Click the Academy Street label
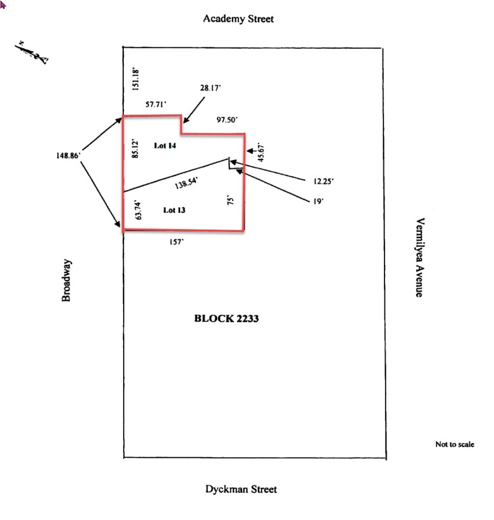tap(238, 19)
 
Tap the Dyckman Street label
tap(241, 490)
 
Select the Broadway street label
tap(66, 280)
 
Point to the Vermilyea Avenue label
tap(419, 257)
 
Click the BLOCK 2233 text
tap(227, 319)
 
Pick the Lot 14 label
tap(165, 146)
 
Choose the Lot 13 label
tap(174, 210)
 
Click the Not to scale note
tap(454, 444)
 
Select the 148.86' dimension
tap(68, 156)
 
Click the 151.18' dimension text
tap(135, 79)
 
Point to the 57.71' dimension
tap(156, 105)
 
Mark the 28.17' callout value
tap(210, 88)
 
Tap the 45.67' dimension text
tap(262, 152)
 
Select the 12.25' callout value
tap(324, 180)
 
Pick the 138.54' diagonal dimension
tap(186, 183)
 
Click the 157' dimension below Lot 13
tap(177, 242)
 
